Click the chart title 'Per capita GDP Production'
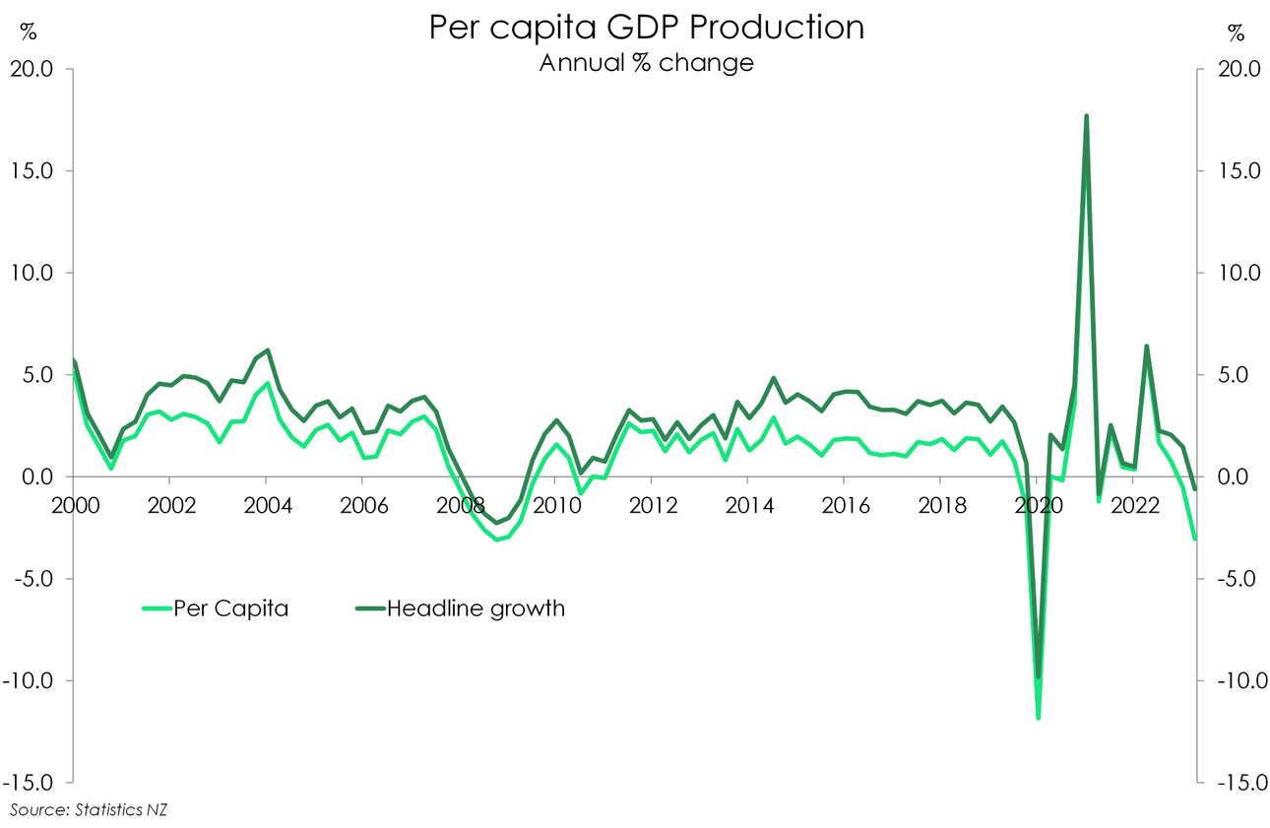(x=646, y=28)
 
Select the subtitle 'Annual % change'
(x=646, y=63)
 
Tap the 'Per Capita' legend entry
(x=230, y=608)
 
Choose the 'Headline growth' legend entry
(x=476, y=608)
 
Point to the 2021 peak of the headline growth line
(x=1086, y=116)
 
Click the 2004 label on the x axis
(x=266, y=504)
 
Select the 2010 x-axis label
(x=555, y=504)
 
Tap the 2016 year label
(x=845, y=504)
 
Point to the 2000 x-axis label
(x=75, y=504)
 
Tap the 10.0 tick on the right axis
(x=1235, y=273)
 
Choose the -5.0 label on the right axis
(x=1235, y=579)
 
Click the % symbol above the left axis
(x=29, y=32)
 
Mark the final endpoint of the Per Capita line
(x=1195, y=539)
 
